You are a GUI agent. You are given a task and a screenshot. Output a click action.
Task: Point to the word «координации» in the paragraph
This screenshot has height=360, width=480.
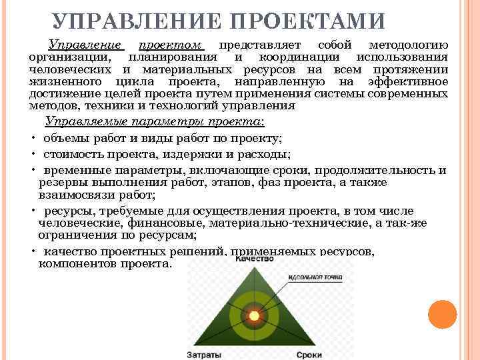293,57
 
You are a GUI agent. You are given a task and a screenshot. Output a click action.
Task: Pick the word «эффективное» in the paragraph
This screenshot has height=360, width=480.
407,81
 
